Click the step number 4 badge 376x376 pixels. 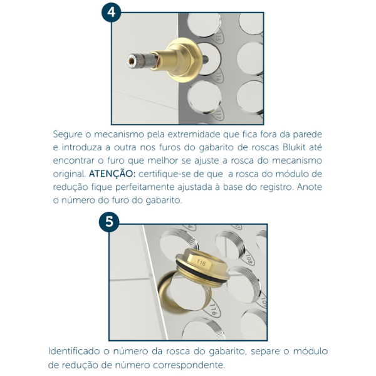(x=111, y=13)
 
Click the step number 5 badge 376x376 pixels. (x=109, y=222)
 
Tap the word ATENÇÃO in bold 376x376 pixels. (x=112, y=174)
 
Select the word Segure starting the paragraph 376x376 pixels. (x=68, y=135)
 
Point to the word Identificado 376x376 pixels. (x=74, y=352)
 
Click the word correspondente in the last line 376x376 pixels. (x=189, y=365)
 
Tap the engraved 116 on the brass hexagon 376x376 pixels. (x=201, y=263)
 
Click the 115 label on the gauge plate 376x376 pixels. (x=217, y=37)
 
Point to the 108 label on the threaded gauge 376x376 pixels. (x=248, y=259)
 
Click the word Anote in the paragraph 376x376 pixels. (x=310, y=187)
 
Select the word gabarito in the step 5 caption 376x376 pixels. (x=226, y=352)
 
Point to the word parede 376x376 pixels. (x=308, y=134)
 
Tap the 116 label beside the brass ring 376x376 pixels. (x=213, y=309)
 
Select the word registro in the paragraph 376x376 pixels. (x=276, y=187)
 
